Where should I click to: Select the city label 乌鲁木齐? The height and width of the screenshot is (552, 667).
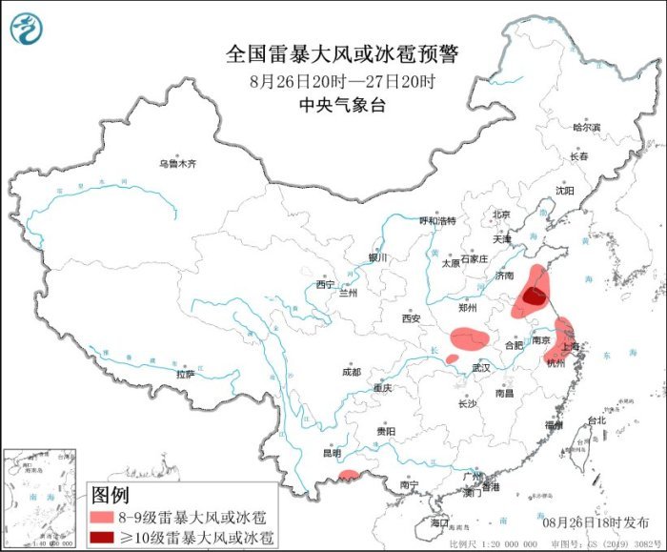pos(176,164)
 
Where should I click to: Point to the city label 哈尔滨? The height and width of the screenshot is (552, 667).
pos(586,127)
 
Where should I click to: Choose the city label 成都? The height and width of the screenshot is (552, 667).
pos(350,372)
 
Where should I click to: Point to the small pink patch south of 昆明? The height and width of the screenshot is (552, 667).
pos(350,474)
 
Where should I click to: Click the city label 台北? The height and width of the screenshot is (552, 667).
pos(596,420)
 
